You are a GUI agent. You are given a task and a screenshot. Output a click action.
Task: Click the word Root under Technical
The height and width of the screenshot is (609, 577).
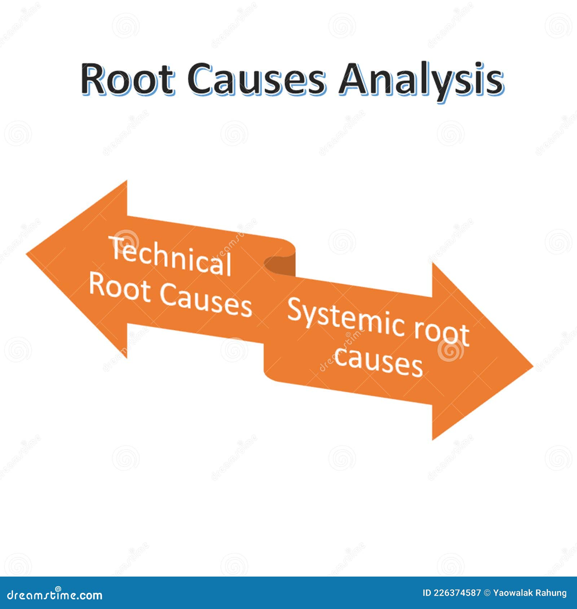[x=120, y=286]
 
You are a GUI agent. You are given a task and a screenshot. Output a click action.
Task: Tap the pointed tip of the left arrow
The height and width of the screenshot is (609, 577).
[x=27, y=254]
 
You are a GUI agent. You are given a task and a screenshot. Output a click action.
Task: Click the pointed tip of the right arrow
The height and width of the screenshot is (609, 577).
[x=533, y=368]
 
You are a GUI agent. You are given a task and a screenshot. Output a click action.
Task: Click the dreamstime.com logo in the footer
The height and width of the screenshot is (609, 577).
[x=55, y=594]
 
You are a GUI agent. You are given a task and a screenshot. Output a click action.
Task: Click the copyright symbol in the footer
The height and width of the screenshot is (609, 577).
[x=487, y=593]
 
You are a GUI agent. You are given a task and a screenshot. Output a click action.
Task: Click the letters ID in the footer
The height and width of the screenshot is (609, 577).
[x=427, y=593]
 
